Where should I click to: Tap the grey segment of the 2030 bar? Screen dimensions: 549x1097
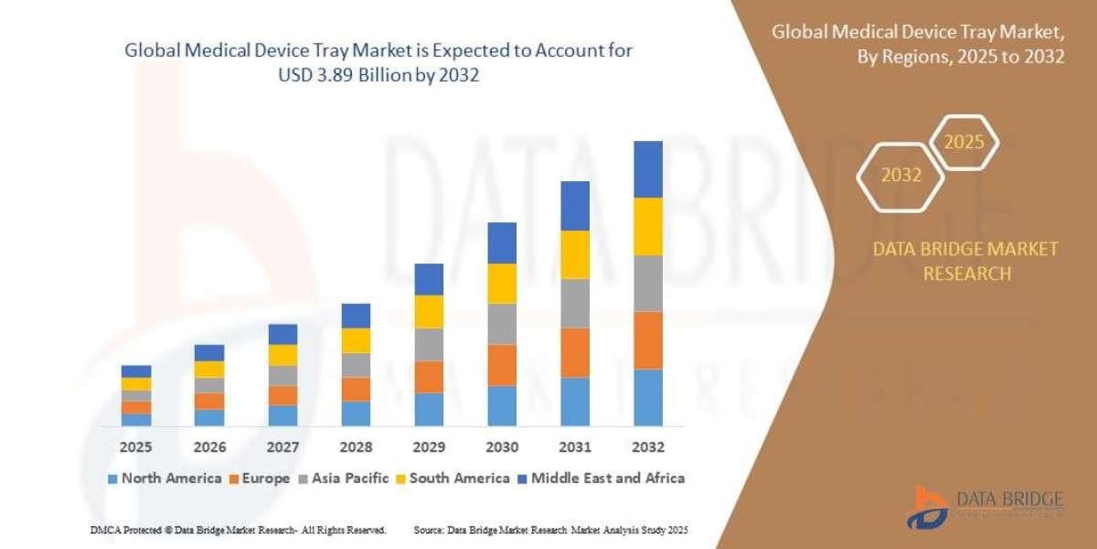[501, 323]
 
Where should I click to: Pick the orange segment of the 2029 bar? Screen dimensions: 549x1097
[428, 376]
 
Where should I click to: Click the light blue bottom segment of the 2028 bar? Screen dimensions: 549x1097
[356, 413]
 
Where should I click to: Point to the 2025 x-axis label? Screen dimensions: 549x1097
[135, 447]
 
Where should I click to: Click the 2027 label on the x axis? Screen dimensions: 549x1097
[282, 447]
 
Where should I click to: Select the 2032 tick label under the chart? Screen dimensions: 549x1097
[647, 447]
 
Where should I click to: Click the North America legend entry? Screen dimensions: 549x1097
[165, 478]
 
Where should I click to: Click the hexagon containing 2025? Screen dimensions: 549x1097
[963, 143]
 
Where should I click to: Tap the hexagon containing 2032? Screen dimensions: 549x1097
[900, 175]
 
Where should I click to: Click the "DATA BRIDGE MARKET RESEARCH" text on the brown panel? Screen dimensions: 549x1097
[965, 261]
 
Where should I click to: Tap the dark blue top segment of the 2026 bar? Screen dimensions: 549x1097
[209, 352]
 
